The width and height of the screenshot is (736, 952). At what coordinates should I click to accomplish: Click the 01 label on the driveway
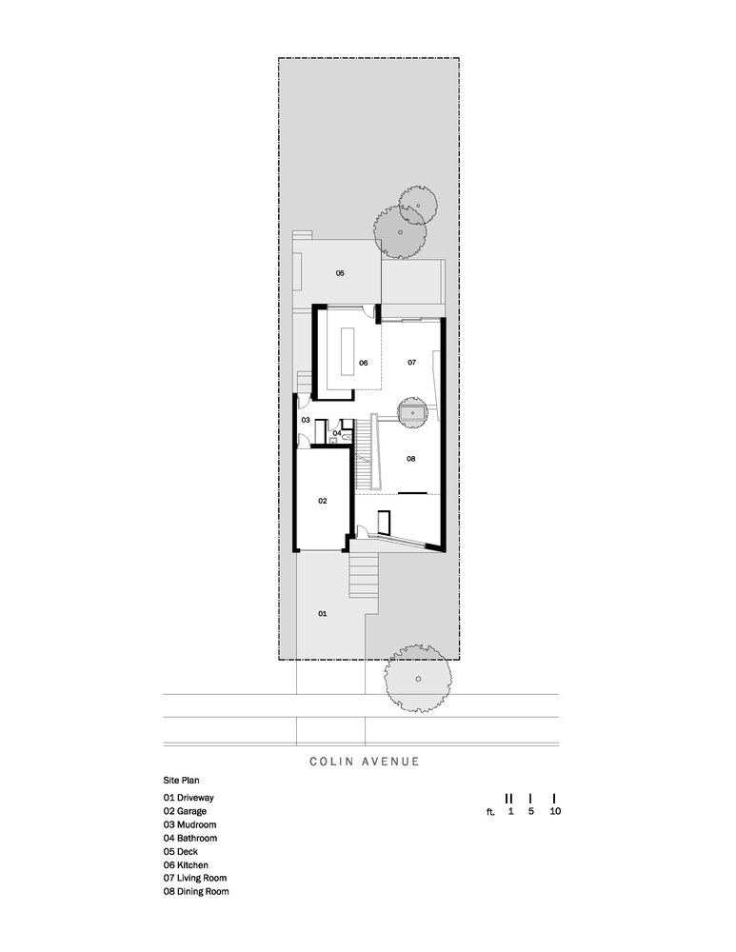322,614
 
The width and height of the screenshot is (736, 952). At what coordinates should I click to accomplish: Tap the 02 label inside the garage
323,500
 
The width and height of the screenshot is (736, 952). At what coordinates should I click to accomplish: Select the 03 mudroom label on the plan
306,420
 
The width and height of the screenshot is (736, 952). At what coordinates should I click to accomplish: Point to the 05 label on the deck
340,273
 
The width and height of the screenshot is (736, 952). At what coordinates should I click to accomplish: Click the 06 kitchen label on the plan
363,363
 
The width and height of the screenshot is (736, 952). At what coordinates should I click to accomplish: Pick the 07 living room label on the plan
411,363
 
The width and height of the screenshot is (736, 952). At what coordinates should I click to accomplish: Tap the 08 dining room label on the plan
411,458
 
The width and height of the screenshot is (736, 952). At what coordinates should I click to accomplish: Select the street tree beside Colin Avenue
416,680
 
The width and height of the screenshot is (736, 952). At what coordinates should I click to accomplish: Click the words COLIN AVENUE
365,762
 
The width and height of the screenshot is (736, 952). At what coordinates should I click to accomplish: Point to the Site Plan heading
181,779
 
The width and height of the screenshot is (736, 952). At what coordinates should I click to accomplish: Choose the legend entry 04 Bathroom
190,838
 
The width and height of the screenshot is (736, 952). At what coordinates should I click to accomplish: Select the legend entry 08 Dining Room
196,892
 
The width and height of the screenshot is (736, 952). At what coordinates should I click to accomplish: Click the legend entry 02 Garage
186,811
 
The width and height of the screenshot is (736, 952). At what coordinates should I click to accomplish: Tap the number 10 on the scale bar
554,812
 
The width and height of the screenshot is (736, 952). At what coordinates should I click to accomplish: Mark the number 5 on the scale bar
530,812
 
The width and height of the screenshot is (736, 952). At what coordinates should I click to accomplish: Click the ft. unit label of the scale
491,813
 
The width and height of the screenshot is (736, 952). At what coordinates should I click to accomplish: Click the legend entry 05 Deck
181,851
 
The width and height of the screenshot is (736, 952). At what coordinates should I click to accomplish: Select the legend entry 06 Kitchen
187,864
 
